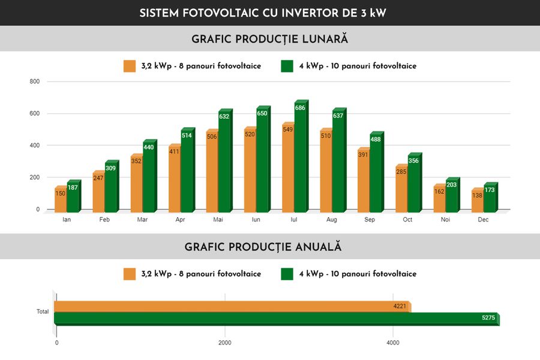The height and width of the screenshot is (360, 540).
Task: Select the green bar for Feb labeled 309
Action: [111, 189]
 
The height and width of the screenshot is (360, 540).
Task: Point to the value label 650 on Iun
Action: [262, 113]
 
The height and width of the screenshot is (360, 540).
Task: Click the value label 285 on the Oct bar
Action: [401, 172]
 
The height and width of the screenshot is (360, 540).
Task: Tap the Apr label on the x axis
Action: [180, 220]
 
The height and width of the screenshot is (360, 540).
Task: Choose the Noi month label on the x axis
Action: [446, 220]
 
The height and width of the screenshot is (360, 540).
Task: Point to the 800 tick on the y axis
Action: [35, 82]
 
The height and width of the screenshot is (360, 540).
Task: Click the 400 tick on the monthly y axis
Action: [35, 146]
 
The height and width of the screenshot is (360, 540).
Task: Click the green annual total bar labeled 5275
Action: [276, 318]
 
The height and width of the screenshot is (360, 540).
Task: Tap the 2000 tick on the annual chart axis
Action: [224, 343]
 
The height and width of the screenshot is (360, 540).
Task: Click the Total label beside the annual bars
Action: [42, 312]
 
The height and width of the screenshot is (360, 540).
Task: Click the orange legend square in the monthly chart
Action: [130, 66]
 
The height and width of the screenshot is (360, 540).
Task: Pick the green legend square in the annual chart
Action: [287, 274]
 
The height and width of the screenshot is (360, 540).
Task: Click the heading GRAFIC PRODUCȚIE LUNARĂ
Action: [270, 39]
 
